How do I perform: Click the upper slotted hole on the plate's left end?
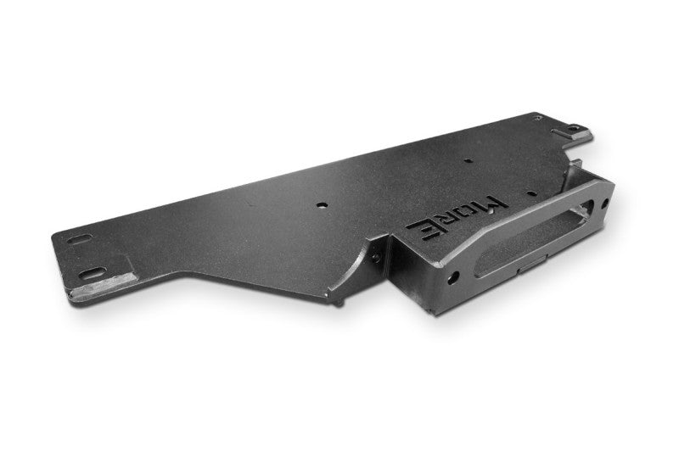point(80,239)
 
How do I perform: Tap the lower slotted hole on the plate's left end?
point(93,273)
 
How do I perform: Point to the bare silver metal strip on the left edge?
point(103,287)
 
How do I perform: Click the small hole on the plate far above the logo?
point(468,160)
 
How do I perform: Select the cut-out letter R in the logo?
point(446,221)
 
